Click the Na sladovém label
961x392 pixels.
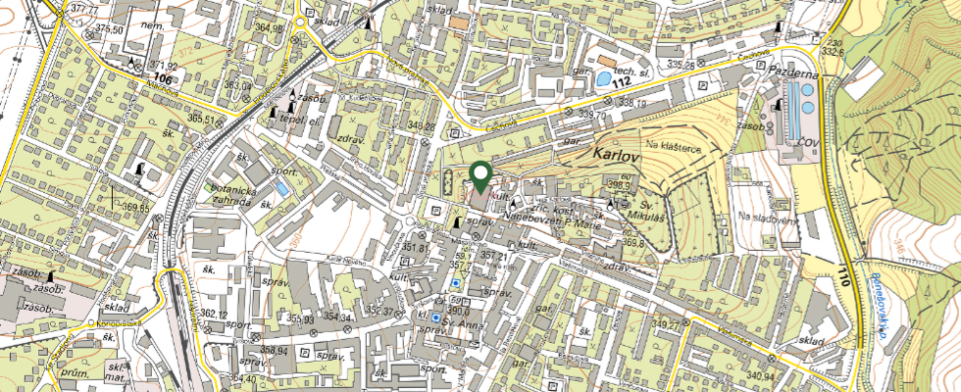tap(767, 218)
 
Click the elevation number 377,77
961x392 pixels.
tap(85, 9)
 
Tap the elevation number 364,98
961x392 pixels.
tap(269, 28)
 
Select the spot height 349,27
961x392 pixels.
tap(668, 324)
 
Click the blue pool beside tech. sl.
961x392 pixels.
tap(605, 76)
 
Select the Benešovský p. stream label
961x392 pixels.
tap(879, 305)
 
